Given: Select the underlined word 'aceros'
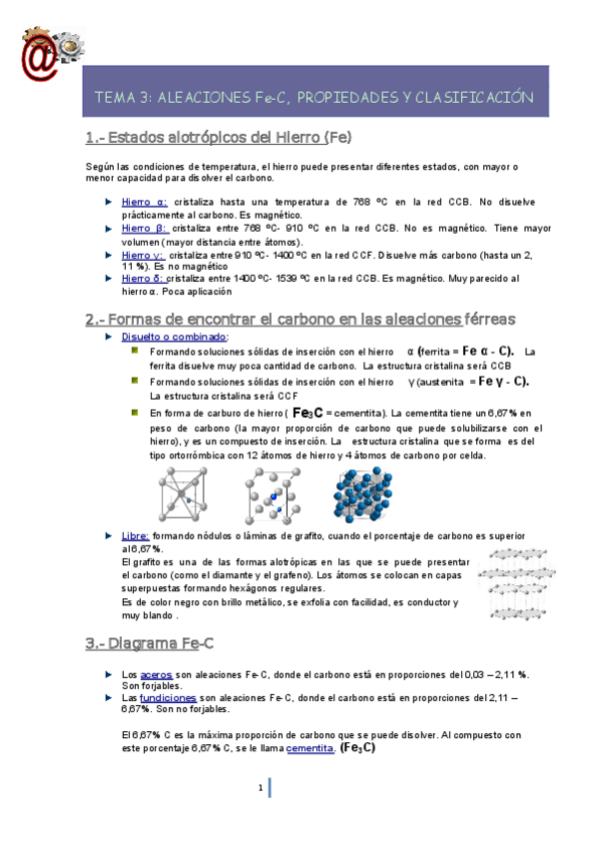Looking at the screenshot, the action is coord(158,674).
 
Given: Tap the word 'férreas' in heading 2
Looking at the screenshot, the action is coord(489,319).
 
